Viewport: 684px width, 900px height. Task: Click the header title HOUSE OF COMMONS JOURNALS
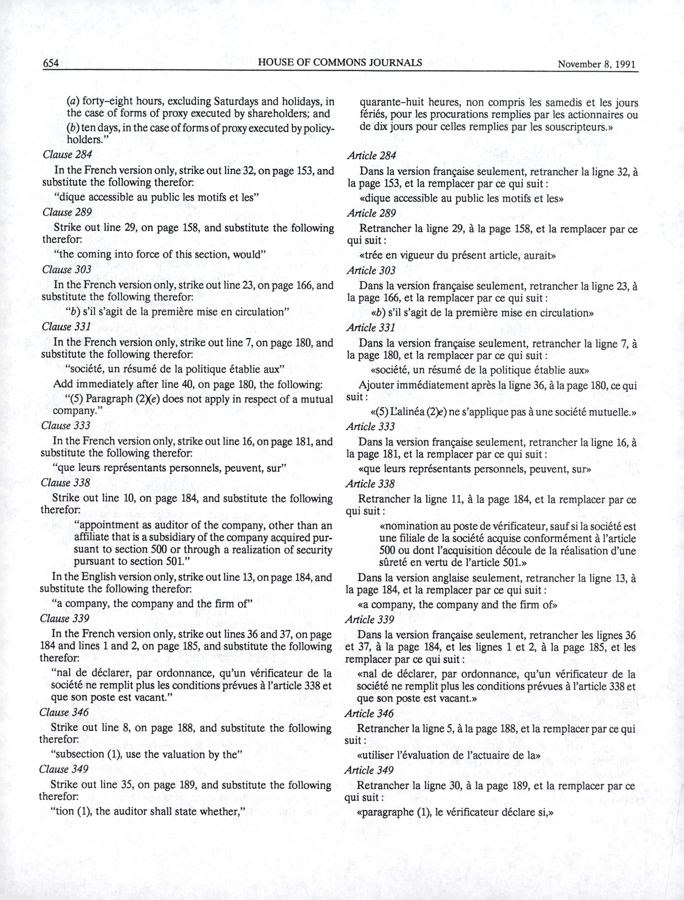(x=340, y=63)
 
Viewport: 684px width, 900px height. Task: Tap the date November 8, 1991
(x=596, y=64)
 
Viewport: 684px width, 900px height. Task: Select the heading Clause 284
(x=67, y=154)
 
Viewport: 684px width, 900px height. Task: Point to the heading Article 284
(x=372, y=156)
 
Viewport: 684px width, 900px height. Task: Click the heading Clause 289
(x=67, y=212)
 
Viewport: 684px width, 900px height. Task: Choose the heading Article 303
(x=371, y=270)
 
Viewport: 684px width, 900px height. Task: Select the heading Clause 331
(x=66, y=327)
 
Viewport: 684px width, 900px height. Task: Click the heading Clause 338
(x=65, y=483)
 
